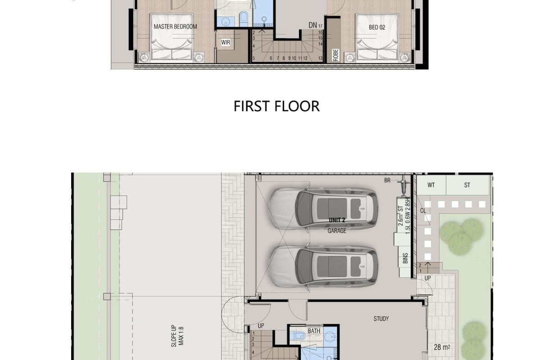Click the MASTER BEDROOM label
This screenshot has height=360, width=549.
tap(175, 27)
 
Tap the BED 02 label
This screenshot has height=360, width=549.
tap(377, 27)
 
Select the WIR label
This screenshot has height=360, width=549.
tap(226, 42)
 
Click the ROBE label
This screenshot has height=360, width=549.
tap(336, 55)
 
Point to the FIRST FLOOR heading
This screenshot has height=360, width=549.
tap(277, 106)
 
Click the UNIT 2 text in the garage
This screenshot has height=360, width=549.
tap(337, 220)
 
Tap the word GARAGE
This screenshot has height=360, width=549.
tap(337, 231)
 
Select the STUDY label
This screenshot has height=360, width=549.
tap(381, 319)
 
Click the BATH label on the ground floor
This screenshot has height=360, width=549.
tap(314, 331)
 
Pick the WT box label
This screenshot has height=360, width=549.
tap(431, 185)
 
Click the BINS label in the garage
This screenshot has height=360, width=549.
tap(405, 258)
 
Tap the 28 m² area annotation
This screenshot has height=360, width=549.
tap(442, 347)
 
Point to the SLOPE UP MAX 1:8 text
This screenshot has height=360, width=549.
tap(177, 336)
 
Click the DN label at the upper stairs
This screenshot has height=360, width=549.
tap(313, 25)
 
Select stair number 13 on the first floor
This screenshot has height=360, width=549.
tap(320, 58)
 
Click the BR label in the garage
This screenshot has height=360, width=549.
tap(387, 180)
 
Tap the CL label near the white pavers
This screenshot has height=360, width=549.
tap(423, 211)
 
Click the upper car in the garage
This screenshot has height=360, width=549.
tap(323, 208)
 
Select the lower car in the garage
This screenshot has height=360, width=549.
tap(323, 266)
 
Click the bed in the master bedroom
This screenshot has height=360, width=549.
tap(172, 37)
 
